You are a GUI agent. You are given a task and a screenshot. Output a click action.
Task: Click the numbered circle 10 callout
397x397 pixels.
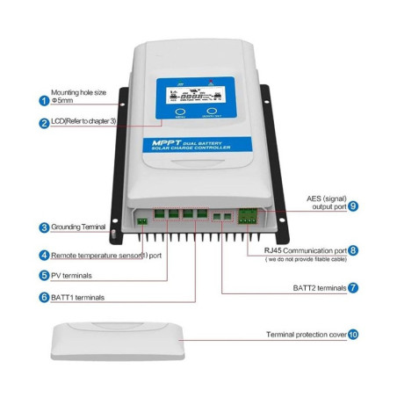click(352, 335)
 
